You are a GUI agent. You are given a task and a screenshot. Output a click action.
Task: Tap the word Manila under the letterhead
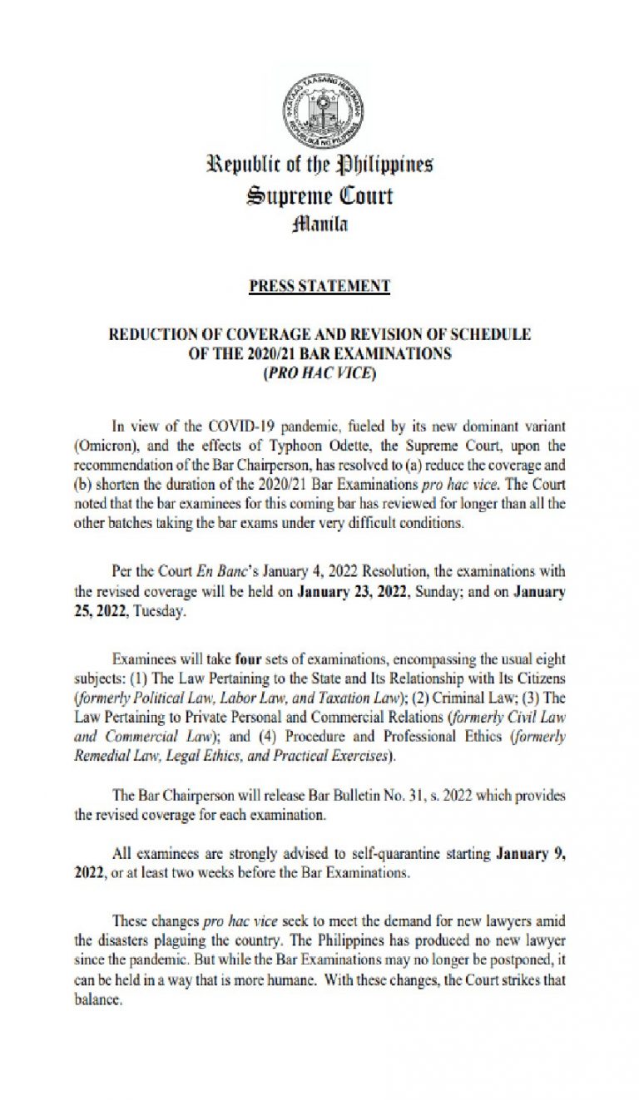(x=319, y=224)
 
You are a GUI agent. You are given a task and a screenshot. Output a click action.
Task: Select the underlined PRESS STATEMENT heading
(x=319, y=286)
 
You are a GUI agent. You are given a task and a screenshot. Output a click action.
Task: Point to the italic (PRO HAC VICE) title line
(x=319, y=373)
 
